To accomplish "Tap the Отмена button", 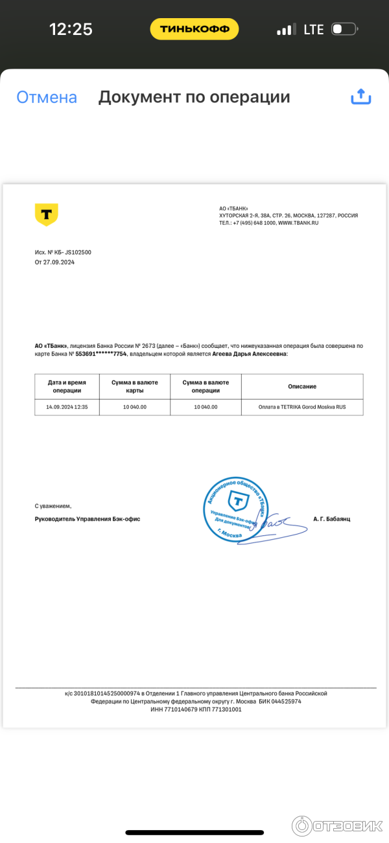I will pyautogui.click(x=47, y=98).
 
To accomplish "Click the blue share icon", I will pyautogui.click(x=360, y=97).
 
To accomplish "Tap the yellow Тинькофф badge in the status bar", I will pyautogui.click(x=194, y=29).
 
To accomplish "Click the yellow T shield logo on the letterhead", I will pyautogui.click(x=46, y=214).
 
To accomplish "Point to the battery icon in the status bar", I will pyautogui.click(x=344, y=29).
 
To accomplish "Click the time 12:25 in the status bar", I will pyautogui.click(x=71, y=29).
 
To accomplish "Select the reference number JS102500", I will pyautogui.click(x=78, y=252).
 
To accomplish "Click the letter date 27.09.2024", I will pyautogui.click(x=59, y=262).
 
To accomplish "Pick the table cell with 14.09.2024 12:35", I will pyautogui.click(x=67, y=407).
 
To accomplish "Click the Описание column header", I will pyautogui.click(x=302, y=386).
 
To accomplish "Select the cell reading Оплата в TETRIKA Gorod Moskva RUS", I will pyautogui.click(x=302, y=407).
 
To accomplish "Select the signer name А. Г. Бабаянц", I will pyautogui.click(x=331, y=519).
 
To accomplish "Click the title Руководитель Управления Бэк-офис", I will pyautogui.click(x=88, y=519).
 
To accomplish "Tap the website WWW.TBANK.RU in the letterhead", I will pyautogui.click(x=299, y=223).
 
